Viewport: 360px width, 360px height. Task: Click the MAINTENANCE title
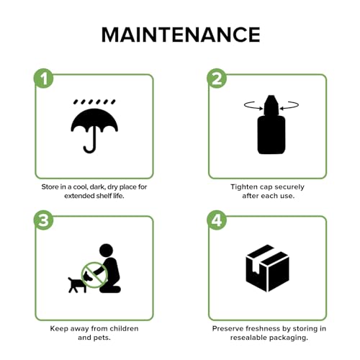181,35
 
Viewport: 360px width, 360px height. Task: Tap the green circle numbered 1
43,78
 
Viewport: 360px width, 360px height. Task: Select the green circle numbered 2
217,78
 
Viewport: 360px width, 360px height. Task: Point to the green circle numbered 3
43,220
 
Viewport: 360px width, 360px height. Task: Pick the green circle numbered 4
217,220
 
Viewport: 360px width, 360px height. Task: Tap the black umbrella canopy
94,120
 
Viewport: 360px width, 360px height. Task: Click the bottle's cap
271,105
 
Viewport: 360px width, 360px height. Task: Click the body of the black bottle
271,135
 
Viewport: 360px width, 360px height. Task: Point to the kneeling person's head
106,251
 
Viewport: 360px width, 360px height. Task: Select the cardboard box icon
268,269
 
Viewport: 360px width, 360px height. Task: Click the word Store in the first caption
50,186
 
